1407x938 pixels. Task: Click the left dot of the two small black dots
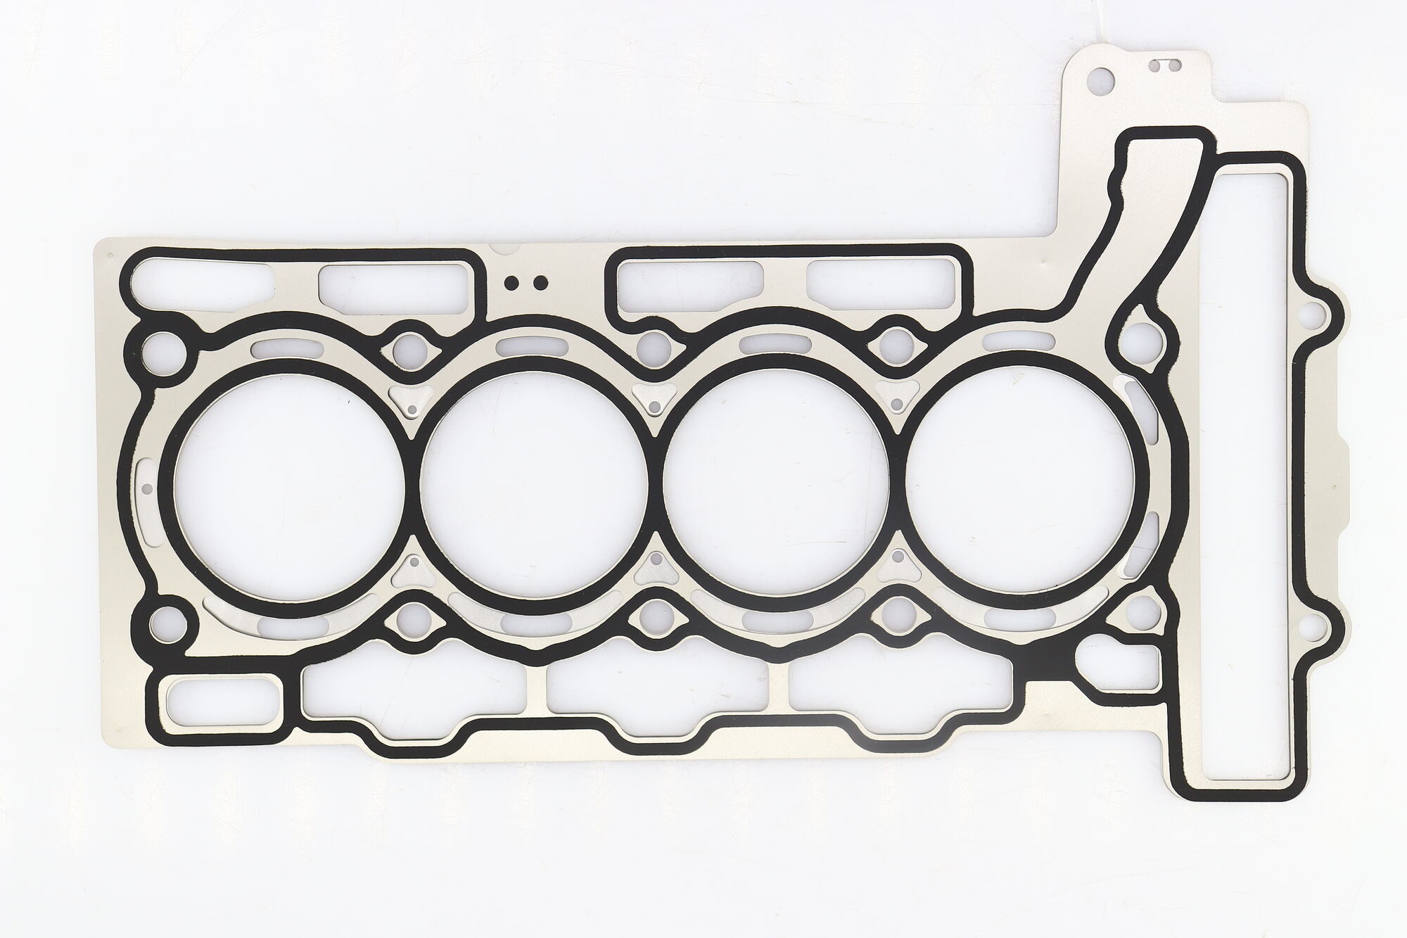click(x=511, y=283)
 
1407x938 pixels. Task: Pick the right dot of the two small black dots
click(x=540, y=283)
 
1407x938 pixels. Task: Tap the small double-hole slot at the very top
click(x=1164, y=66)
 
